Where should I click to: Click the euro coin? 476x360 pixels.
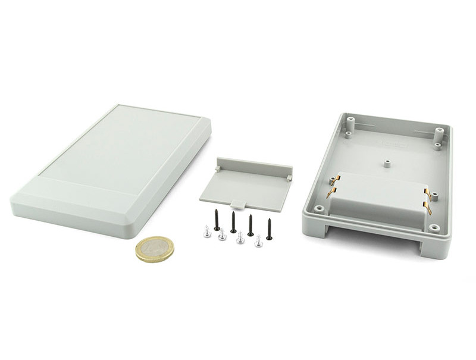[x=155, y=249]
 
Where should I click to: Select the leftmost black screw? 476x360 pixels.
[x=217, y=220]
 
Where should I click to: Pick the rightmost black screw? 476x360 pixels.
[x=269, y=229]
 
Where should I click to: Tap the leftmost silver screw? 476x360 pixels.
[x=207, y=231]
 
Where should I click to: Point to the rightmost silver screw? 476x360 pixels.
[x=258, y=242]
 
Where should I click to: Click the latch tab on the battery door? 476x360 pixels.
[x=238, y=204]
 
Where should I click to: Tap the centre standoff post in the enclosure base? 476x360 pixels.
[x=387, y=162]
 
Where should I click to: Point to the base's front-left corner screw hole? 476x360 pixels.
[x=320, y=209]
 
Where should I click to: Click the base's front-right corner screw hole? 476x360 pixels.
[x=434, y=227]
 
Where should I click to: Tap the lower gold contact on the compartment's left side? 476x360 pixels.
[x=331, y=192]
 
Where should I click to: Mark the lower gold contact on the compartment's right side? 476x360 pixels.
[x=427, y=207]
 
